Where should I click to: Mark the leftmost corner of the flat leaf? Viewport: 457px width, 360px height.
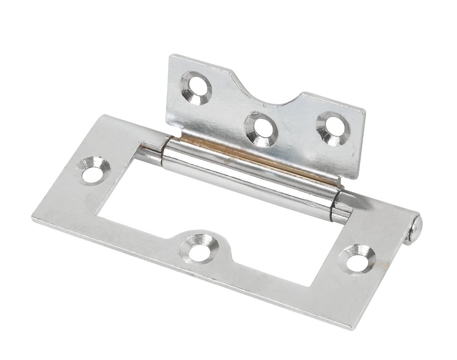pyautogui.click(x=33, y=219)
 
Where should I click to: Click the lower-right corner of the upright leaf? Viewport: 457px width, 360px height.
pyautogui.click(x=356, y=179)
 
